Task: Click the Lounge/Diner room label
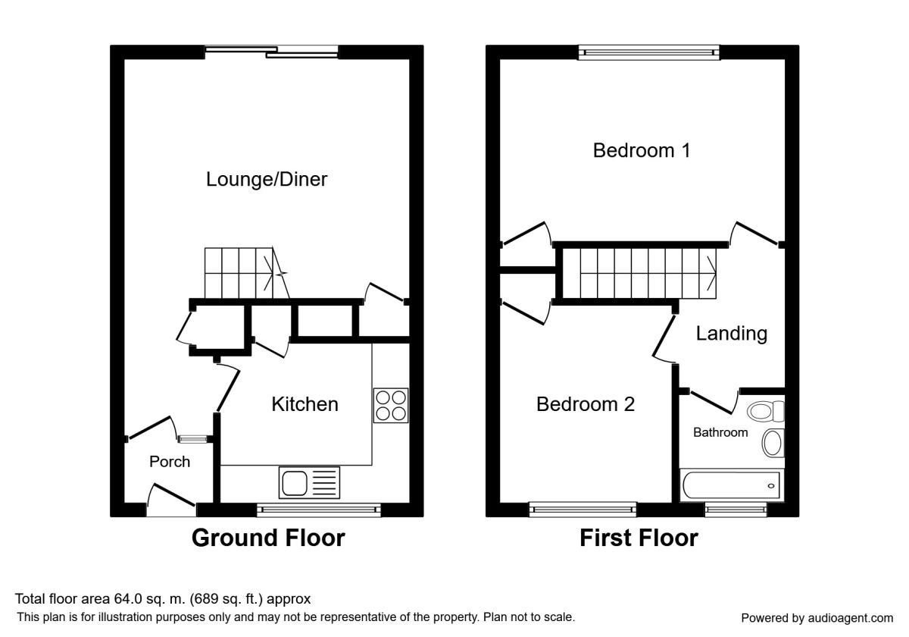tap(267, 180)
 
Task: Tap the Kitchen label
tap(305, 404)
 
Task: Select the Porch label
tap(170, 462)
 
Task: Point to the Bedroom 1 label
tap(641, 150)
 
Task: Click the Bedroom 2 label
tap(585, 404)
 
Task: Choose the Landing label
tap(731, 334)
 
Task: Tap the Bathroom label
tap(720, 432)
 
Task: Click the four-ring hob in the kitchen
tap(391, 405)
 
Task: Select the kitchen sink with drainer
tap(309, 482)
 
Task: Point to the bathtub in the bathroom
tap(731, 485)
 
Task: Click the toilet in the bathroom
tap(766, 412)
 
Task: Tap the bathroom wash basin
tap(773, 443)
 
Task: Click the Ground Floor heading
tap(268, 538)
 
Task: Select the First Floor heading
tap(639, 538)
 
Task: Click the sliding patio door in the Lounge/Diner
tap(271, 52)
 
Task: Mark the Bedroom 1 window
tap(648, 52)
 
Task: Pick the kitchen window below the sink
tap(319, 510)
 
